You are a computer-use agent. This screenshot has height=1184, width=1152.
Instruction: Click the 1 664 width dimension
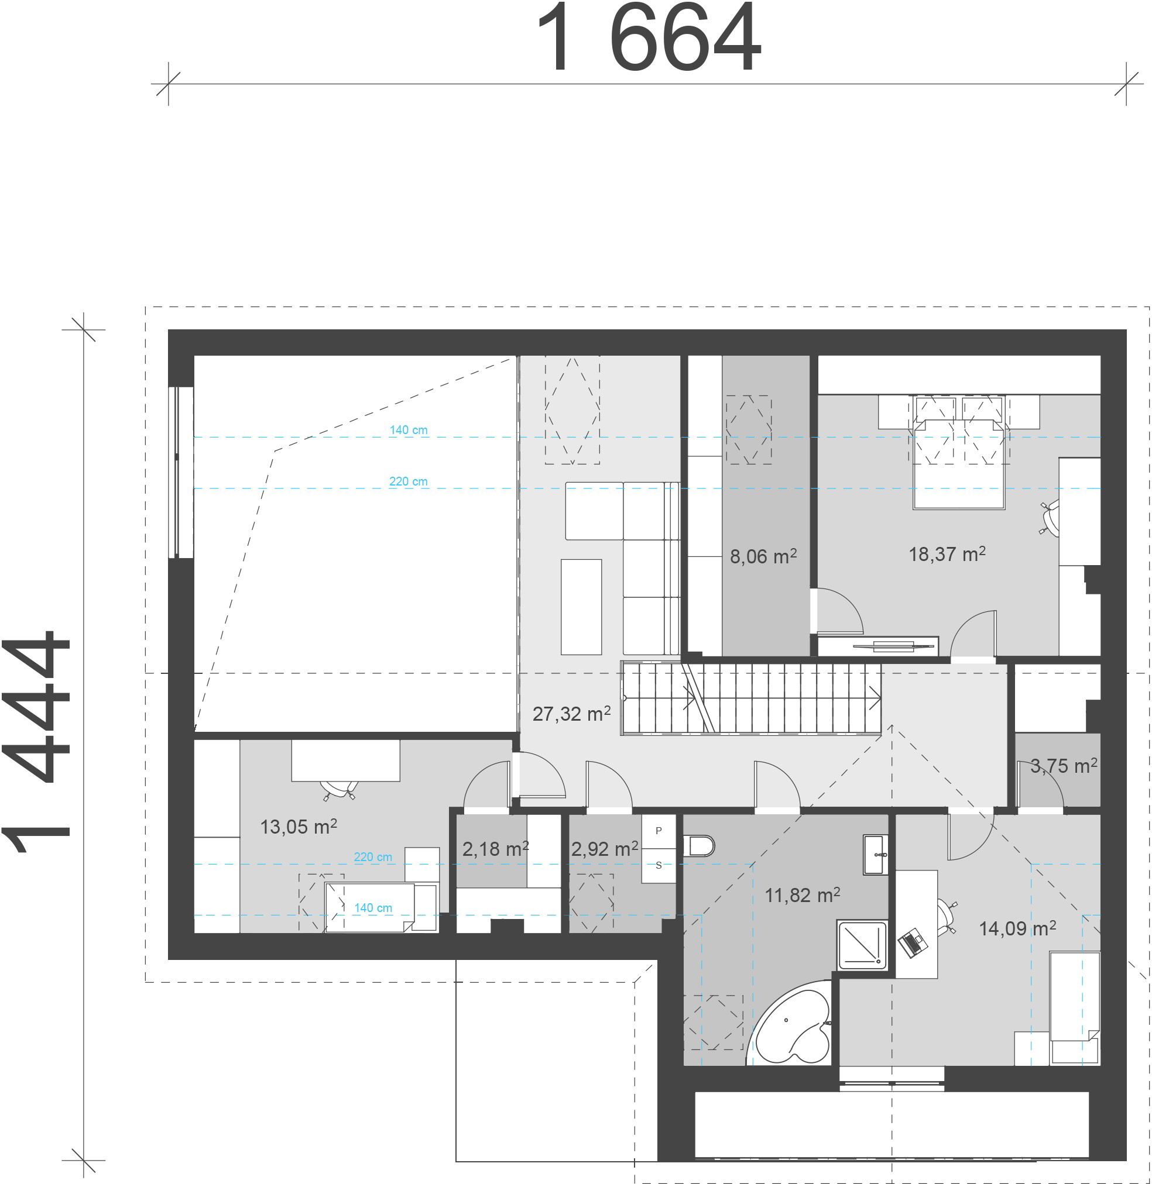(x=648, y=37)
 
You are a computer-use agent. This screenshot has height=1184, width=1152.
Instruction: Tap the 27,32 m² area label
(x=571, y=714)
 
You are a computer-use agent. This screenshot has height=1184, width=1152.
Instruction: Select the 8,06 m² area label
(x=763, y=556)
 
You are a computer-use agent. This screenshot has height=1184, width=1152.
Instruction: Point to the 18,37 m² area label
(x=947, y=554)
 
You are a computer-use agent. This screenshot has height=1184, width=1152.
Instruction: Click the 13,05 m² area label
(x=299, y=827)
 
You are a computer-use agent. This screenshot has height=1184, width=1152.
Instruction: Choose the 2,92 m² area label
(x=605, y=848)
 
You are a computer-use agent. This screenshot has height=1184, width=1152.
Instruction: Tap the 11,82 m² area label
(x=803, y=895)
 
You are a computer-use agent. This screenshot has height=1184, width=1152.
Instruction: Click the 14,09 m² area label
(x=1018, y=928)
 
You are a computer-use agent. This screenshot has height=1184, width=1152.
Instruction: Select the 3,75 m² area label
(x=1064, y=766)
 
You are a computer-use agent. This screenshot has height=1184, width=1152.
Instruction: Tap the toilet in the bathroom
(x=700, y=846)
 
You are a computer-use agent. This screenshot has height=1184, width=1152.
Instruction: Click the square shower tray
(x=862, y=945)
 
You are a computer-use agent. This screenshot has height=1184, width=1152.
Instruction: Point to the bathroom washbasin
(x=876, y=855)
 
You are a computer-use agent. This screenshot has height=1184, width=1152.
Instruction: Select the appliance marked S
(x=659, y=865)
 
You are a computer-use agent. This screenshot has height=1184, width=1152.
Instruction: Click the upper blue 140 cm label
(x=409, y=430)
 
